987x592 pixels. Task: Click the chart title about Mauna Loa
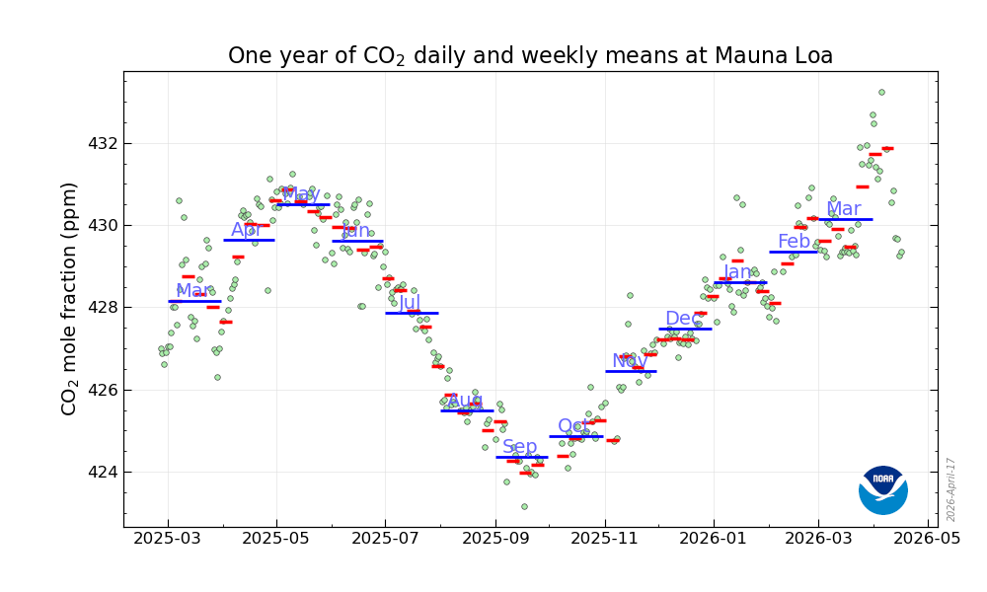click(x=530, y=56)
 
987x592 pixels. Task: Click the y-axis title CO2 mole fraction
click(x=70, y=298)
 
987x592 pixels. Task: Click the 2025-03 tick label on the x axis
click(x=168, y=541)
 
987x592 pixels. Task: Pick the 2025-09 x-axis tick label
click(x=495, y=541)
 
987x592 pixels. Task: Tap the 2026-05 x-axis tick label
click(x=928, y=541)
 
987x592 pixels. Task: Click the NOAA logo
click(x=883, y=489)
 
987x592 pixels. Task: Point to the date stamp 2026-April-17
click(x=951, y=489)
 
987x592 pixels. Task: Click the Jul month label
click(x=410, y=302)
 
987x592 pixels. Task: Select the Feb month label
click(x=794, y=242)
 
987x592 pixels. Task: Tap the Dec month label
click(x=683, y=319)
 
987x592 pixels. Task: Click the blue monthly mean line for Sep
click(x=522, y=457)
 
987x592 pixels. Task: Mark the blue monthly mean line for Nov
click(x=631, y=371)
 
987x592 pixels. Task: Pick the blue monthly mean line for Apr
click(x=249, y=240)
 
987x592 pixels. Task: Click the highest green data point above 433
click(x=881, y=93)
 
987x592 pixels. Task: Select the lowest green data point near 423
click(x=524, y=506)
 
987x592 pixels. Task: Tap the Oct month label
click(x=573, y=426)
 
